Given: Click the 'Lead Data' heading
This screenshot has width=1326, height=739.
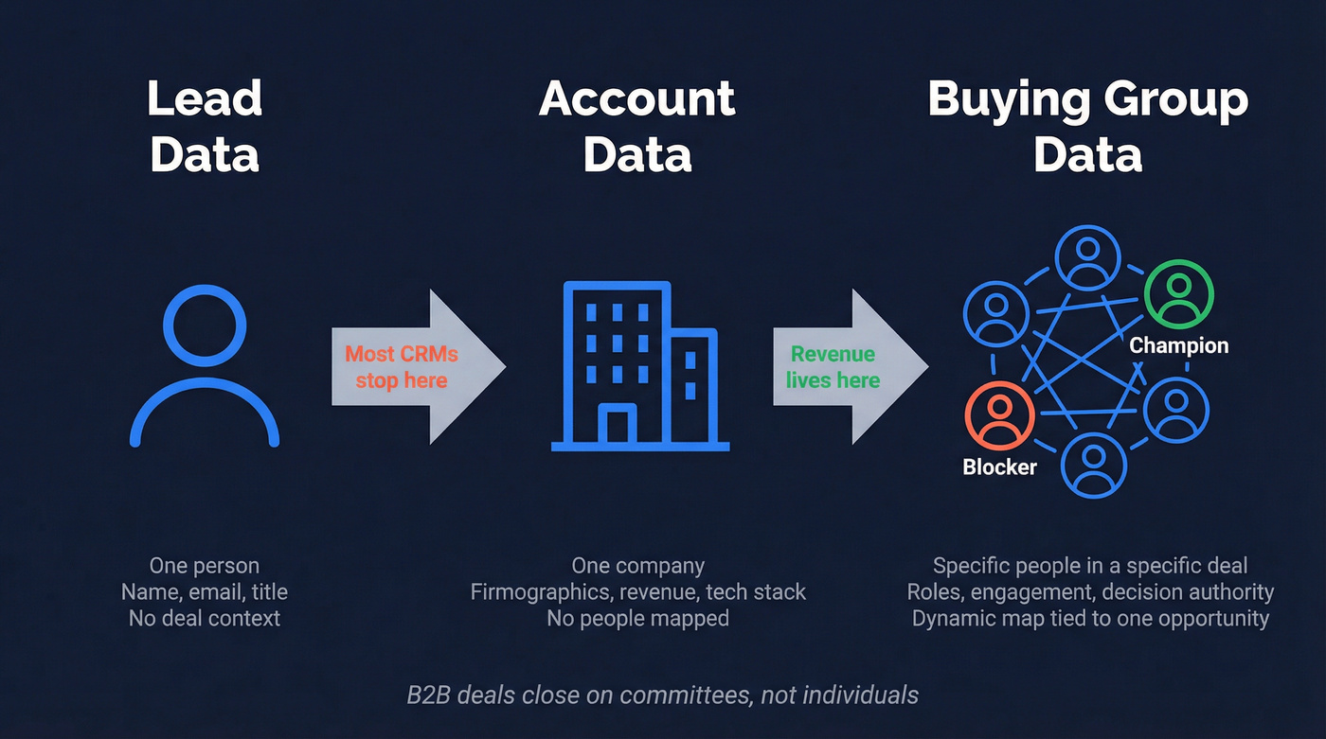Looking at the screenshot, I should [x=205, y=127].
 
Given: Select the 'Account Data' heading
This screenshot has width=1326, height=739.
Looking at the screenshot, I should [x=637, y=127].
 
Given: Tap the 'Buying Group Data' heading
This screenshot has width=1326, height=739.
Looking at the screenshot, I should [x=1088, y=127].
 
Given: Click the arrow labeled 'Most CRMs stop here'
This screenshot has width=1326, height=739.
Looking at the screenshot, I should [x=417, y=367].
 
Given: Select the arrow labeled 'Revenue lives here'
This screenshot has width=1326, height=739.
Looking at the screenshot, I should [x=849, y=367].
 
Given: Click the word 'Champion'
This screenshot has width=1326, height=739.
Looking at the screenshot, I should [x=1179, y=345].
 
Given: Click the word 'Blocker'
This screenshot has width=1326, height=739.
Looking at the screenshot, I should [x=999, y=466].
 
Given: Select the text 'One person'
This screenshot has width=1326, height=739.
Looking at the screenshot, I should [x=205, y=566].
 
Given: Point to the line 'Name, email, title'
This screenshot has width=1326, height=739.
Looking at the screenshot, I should [x=205, y=592].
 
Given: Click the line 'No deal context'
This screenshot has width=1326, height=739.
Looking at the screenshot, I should [x=205, y=619].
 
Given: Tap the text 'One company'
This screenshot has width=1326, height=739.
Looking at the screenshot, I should [x=637, y=566].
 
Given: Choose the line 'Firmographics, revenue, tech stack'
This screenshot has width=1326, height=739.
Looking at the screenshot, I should [x=637, y=592].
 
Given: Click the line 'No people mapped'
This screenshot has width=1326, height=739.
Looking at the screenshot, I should [x=637, y=619].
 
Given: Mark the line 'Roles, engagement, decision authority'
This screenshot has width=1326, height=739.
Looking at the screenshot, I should [x=1090, y=592].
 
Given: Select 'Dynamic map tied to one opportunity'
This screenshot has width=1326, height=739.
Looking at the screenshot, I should [x=1090, y=619].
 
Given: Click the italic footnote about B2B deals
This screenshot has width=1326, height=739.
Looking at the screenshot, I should [x=662, y=695].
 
